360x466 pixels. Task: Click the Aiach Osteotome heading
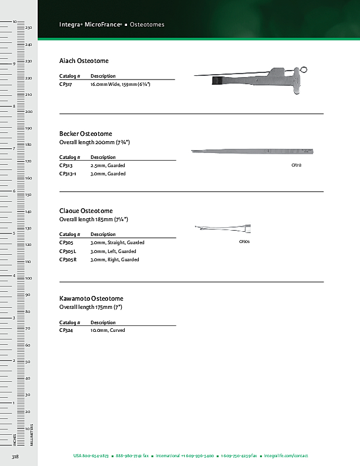pyautogui.click(x=84, y=61)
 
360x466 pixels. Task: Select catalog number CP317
pyautogui.click(x=66, y=85)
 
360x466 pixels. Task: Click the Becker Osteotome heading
pyautogui.click(x=86, y=134)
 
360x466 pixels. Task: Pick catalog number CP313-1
pyautogui.click(x=68, y=174)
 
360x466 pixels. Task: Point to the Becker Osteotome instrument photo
pyautogui.click(x=253, y=152)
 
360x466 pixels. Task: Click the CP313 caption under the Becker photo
pyautogui.click(x=296, y=165)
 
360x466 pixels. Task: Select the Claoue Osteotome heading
pyautogui.click(x=86, y=211)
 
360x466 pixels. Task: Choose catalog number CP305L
pyautogui.click(x=68, y=251)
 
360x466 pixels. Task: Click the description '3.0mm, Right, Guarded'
pyautogui.click(x=115, y=259)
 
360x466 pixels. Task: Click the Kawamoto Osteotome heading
pyautogui.click(x=91, y=299)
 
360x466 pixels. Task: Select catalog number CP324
pyautogui.click(x=66, y=330)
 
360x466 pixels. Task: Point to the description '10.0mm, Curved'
pyautogui.click(x=108, y=330)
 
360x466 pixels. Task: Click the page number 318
pyautogui.click(x=15, y=456)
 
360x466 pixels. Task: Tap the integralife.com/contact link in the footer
pyautogui.click(x=286, y=456)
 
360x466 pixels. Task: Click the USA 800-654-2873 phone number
pyautogui.click(x=91, y=456)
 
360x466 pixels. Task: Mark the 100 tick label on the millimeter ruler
pyautogui.click(x=28, y=278)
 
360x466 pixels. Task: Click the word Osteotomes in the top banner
pyautogui.click(x=147, y=25)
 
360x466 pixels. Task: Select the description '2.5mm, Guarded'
pyautogui.click(x=108, y=165)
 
